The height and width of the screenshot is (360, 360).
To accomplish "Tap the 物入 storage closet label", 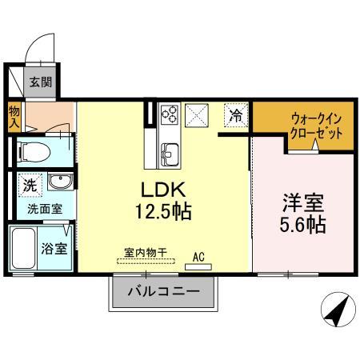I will pos(14,118).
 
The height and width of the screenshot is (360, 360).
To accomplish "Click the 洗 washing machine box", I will pos(29,183).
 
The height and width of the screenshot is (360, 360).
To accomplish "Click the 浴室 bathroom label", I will pos(54,247).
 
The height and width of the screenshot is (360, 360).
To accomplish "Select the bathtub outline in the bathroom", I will pos(24,248).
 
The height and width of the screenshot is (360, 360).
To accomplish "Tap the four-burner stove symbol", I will pos(170,115).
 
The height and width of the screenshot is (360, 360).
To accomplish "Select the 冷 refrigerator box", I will pos(235,115).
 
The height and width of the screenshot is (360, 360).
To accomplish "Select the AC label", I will pos(198,258).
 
